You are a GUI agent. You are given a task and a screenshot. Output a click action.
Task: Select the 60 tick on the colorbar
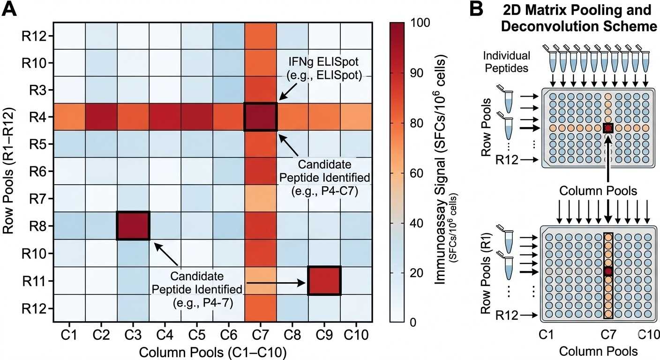pyautogui.click(x=415, y=172)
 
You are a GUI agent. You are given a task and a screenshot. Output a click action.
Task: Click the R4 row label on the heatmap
pyautogui.click(x=38, y=117)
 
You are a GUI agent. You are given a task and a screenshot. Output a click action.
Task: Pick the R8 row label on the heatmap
pyautogui.click(x=38, y=226)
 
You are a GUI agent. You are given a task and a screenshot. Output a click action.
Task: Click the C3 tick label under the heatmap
pyautogui.click(x=133, y=336)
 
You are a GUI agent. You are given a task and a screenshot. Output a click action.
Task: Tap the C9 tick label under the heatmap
pyautogui.click(x=324, y=336)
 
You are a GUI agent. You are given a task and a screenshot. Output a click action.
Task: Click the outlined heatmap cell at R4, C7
pyautogui.click(x=261, y=117)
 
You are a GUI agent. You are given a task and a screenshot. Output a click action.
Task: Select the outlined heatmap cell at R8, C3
pyautogui.click(x=133, y=226)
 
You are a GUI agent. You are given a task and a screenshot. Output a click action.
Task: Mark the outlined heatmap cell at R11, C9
pyautogui.click(x=324, y=281)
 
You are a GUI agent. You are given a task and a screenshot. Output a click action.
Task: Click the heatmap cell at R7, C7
pyautogui.click(x=261, y=198)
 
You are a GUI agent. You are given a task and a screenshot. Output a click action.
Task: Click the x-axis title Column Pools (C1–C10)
pyautogui.click(x=213, y=351)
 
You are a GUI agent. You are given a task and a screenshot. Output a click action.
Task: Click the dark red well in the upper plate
pyautogui.click(x=608, y=128)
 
